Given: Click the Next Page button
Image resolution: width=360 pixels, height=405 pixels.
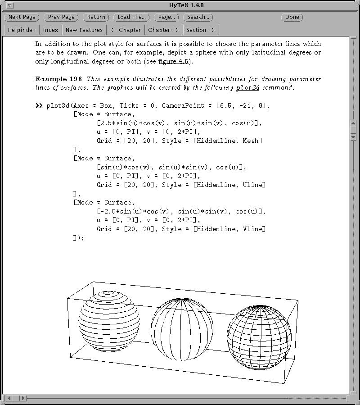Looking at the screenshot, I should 22,17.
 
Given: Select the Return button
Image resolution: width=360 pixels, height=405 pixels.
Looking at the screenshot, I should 96,17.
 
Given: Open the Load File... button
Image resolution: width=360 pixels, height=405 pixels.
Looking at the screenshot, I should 131,17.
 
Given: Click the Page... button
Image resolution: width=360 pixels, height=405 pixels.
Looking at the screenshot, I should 166,17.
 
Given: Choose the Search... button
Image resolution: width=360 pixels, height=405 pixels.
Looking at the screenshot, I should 198,17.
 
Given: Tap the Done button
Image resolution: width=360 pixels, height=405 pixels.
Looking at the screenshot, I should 292,17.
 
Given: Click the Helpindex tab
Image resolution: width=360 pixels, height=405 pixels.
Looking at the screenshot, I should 22,30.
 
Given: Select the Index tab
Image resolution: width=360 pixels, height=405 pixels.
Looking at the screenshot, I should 51,30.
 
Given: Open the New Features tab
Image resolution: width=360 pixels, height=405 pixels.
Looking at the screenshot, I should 84,30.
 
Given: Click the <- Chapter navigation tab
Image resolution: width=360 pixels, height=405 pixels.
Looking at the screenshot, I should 126,30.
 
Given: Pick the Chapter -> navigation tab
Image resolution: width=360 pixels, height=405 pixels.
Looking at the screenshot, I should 163,30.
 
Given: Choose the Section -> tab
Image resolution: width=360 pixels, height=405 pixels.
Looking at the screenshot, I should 201,30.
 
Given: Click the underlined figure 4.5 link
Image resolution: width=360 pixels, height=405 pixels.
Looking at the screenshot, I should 173,61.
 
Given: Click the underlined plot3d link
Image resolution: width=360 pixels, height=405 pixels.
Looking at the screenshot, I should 248,87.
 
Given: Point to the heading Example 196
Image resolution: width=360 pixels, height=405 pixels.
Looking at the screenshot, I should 59,79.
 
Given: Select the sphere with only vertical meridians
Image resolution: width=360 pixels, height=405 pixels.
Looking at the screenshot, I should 182,329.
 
